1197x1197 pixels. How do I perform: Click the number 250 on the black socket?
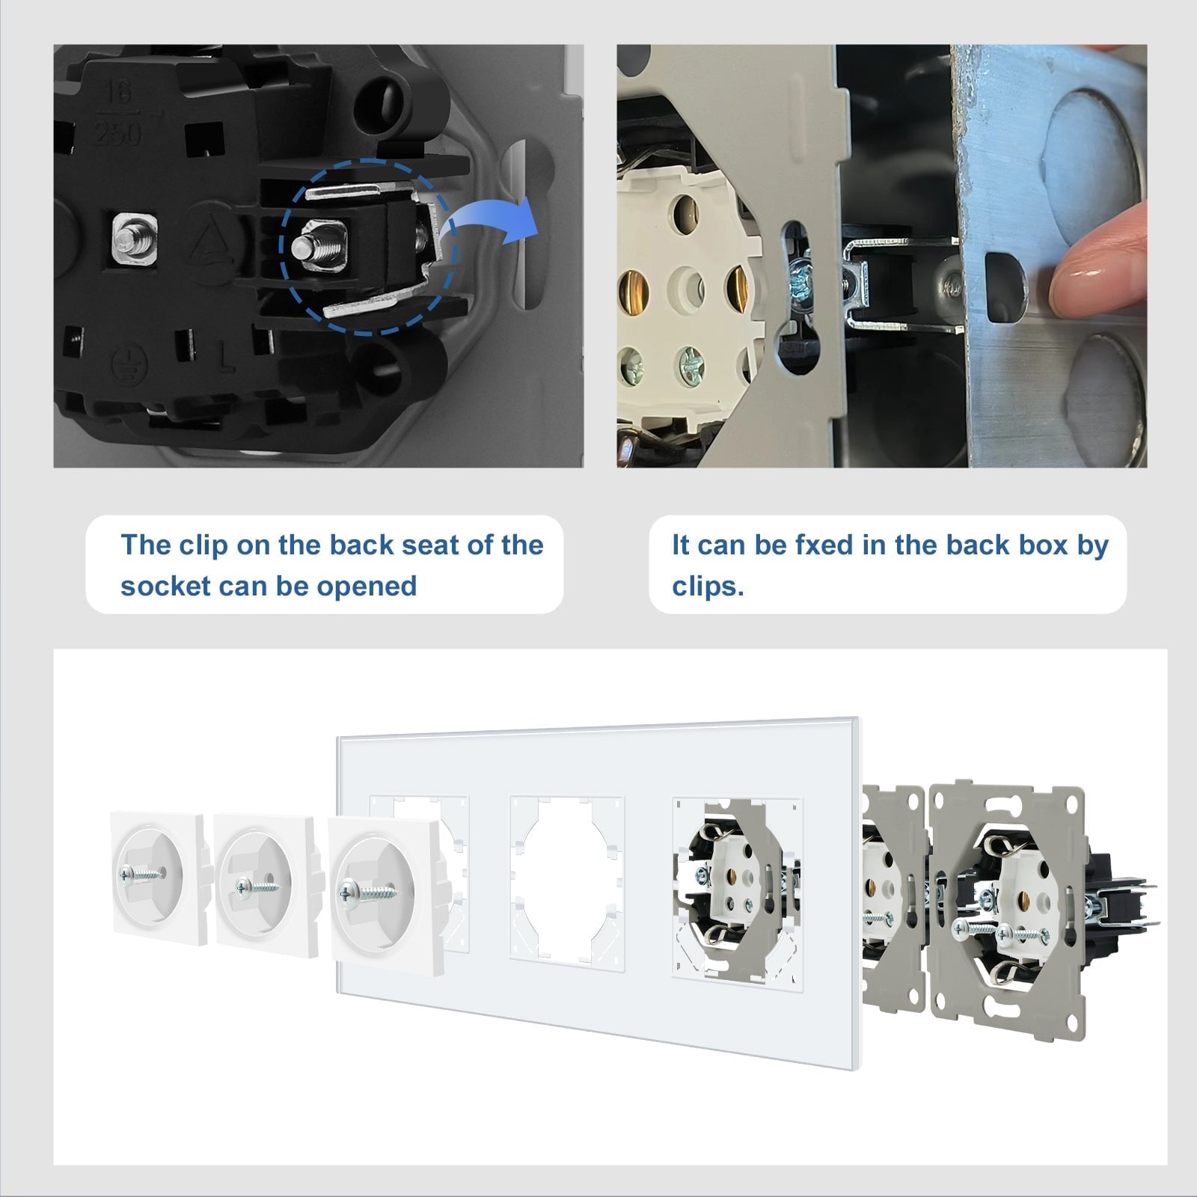coord(118,134)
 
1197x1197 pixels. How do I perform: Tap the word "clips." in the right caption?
coord(708,586)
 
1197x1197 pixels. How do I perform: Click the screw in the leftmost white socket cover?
coord(141,872)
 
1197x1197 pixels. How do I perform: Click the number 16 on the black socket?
coord(118,92)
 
